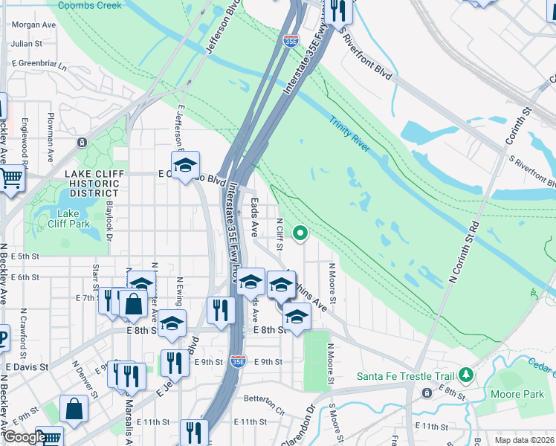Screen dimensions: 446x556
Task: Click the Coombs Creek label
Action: (89, 5)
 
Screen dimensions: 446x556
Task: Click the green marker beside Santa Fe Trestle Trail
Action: (466, 373)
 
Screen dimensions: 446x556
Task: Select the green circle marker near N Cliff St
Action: (300, 234)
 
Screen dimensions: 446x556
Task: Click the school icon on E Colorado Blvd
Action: (185, 164)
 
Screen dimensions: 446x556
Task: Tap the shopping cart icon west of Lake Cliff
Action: (11, 178)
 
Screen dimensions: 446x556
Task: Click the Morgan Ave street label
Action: (33, 25)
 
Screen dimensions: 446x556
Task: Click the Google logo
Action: (25, 437)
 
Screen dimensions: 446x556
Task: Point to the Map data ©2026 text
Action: (523, 440)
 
